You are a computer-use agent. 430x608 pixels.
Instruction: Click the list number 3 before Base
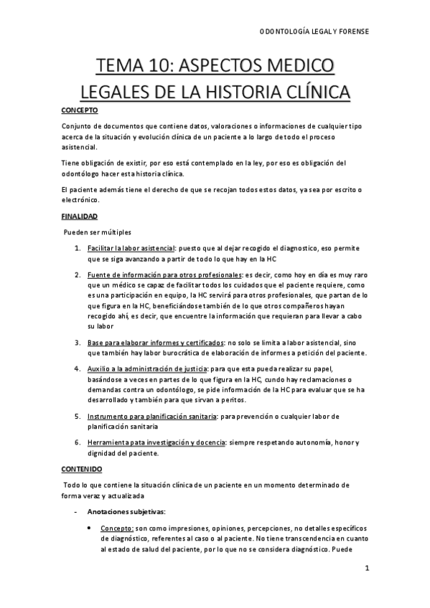coord(78,342)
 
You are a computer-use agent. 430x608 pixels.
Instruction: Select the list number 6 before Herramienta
coord(78,442)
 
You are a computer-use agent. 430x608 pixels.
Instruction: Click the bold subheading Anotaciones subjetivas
coord(126,511)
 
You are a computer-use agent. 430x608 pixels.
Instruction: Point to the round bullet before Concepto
coord(88,528)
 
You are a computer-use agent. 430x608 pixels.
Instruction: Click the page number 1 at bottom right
coord(367,570)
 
